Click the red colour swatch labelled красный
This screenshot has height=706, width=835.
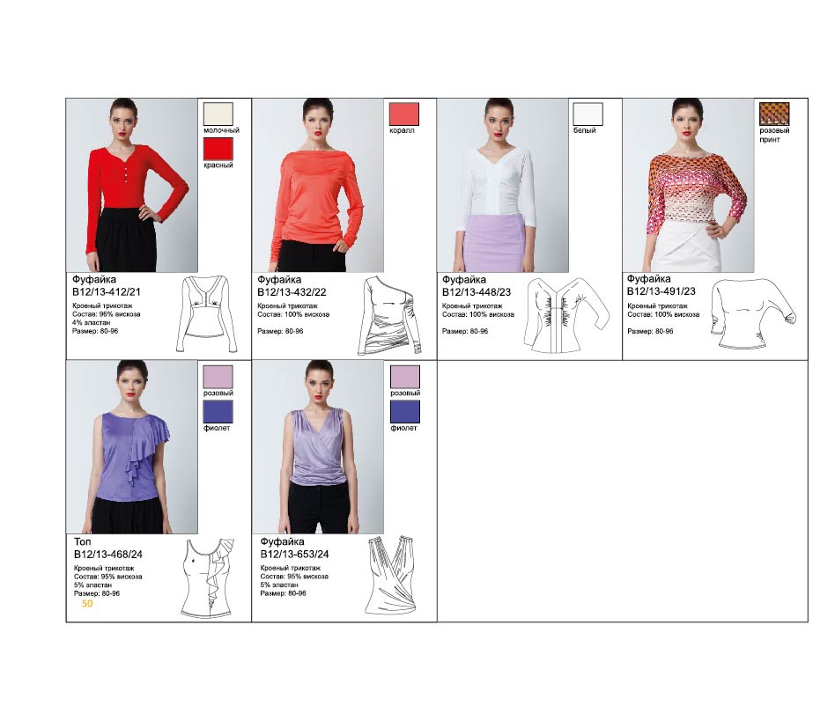point(218,149)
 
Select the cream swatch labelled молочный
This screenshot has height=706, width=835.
point(218,114)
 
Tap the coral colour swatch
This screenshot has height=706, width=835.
point(404,114)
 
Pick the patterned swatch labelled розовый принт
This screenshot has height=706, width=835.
point(774,114)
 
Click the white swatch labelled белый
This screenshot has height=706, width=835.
point(587,114)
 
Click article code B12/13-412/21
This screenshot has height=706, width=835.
point(107,292)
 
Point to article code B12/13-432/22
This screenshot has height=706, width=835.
point(292,292)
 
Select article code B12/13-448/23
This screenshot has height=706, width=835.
point(477,292)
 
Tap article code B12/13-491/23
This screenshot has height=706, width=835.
point(661,291)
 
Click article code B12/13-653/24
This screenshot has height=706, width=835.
point(294,555)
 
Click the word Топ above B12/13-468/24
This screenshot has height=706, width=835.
point(83,541)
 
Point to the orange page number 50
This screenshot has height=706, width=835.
point(87,603)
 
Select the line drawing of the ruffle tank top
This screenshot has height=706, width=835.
point(208,578)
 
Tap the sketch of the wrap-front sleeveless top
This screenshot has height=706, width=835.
point(391,576)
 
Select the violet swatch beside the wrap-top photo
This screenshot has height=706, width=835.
point(404,412)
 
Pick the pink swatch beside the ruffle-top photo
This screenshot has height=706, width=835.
point(218,377)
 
